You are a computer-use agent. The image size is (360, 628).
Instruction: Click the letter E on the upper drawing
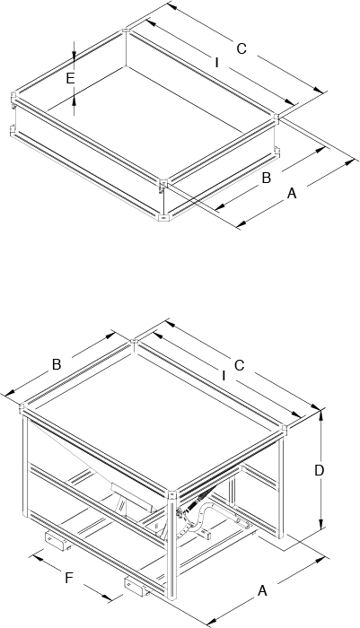coord(71,79)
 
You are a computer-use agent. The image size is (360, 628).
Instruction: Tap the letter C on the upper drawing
coord(241,48)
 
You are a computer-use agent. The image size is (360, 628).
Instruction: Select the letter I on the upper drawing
coord(217,63)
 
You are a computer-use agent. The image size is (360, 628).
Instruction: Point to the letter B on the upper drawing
coord(267,179)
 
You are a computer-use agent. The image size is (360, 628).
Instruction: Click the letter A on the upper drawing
coord(292,194)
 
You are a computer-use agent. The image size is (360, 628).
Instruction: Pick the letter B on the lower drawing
coord(57,365)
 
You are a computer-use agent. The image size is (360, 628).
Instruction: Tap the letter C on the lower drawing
coord(239,366)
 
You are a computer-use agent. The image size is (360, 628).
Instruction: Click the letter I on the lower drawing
coord(224,375)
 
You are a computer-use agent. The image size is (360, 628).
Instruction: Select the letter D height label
coord(319,471)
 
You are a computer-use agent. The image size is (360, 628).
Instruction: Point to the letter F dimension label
coord(69,578)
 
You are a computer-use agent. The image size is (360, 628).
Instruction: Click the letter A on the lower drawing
coord(262,590)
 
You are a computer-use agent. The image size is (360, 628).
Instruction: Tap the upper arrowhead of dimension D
coord(320,415)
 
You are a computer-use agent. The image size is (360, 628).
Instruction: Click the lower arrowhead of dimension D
coord(320,523)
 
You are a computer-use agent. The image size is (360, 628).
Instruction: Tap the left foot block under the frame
coord(57,540)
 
